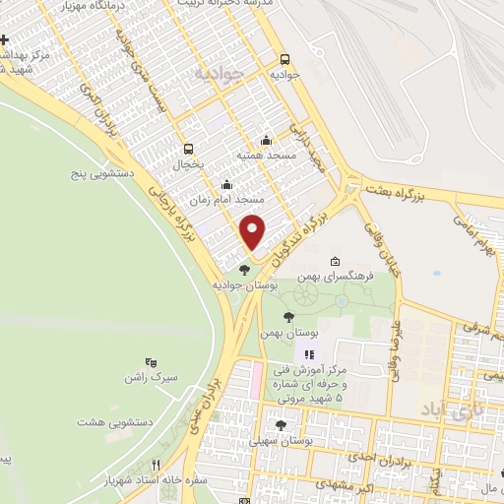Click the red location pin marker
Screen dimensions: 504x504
coord(253,230)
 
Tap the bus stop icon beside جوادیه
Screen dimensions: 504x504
coord(285,59)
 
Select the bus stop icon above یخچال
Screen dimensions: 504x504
coord(188,149)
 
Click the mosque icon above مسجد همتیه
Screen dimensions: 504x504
coord(265,142)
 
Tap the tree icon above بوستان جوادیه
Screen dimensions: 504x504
coord(244,269)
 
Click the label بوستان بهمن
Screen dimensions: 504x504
coord(279,335)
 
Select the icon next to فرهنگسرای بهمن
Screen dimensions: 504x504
coord(336,262)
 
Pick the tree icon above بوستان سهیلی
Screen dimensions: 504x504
coord(282,425)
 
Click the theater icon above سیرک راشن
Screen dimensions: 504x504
coord(151,363)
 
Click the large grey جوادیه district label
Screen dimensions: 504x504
coord(217,73)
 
